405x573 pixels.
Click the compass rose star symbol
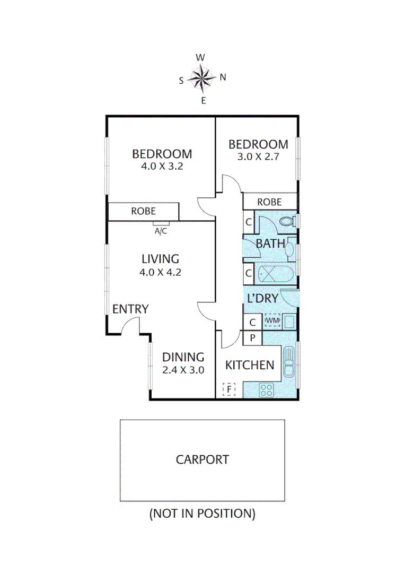202,78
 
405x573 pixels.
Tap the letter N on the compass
223,77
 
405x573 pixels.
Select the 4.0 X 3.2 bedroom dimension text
162,166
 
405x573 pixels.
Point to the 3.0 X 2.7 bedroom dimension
258,157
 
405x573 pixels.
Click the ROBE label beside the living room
144,211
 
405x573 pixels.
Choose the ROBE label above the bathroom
269,202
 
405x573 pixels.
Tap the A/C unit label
161,231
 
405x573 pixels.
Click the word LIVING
160,259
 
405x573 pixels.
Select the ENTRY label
130,309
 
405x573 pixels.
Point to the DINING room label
183,357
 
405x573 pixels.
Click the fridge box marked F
229,390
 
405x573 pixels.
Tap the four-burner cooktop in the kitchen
266,390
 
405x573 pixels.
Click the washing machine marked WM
272,321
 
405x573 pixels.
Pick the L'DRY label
262,299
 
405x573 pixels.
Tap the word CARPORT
202,459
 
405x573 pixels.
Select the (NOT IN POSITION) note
202,514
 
